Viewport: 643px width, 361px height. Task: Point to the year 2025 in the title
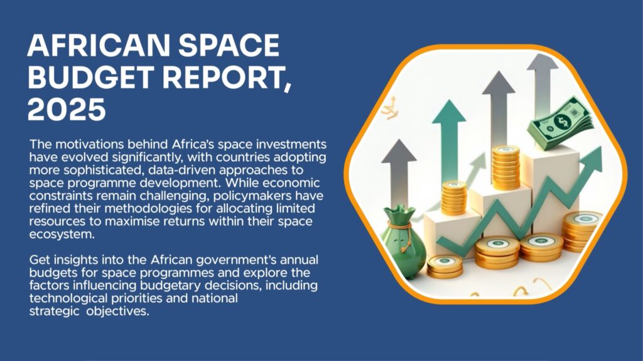[x=67, y=109]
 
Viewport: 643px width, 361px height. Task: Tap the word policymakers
[x=252, y=196]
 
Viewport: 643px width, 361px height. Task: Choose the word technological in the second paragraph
[x=68, y=298]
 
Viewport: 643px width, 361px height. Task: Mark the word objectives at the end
[x=117, y=311]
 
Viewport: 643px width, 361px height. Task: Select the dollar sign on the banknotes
[x=562, y=120]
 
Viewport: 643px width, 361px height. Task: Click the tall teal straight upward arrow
[x=450, y=139]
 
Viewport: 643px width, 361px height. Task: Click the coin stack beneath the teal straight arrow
[x=454, y=198]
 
